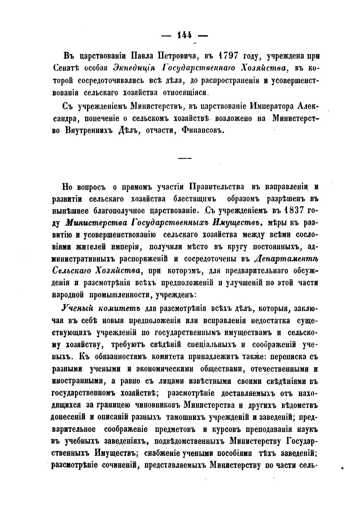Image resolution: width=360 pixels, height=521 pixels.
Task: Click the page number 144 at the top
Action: pyautogui.click(x=185, y=35)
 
